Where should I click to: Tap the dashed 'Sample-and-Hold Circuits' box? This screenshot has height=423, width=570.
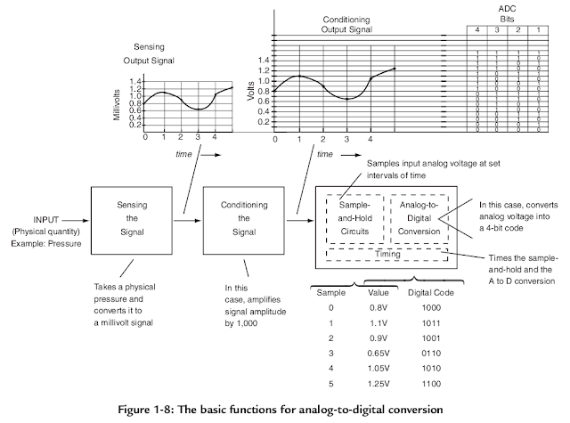[x=354, y=216]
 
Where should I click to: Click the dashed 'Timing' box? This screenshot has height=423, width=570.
[x=387, y=254]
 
